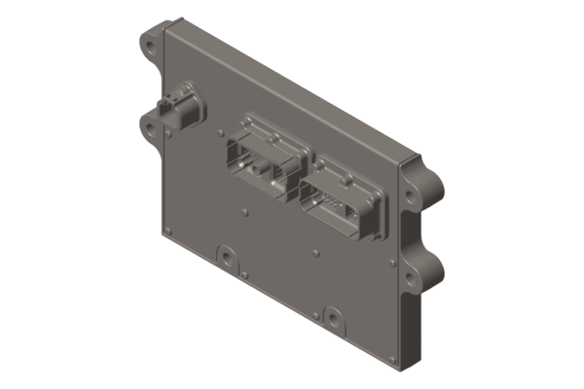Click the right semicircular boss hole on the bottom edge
[x=333, y=317]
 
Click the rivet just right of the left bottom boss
[x=255, y=274]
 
